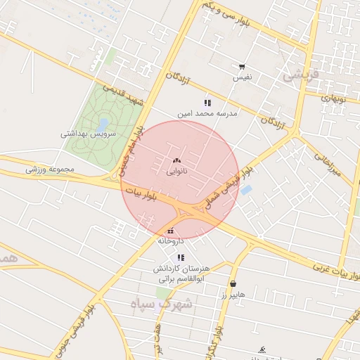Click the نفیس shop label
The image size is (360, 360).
pyautogui.click(x=243, y=77)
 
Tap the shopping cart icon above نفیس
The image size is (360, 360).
pyautogui.click(x=242, y=67)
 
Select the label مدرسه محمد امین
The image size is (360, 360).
pyautogui.click(x=207, y=112)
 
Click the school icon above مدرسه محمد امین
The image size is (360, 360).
pyautogui.click(x=207, y=103)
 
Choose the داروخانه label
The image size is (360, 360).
pyautogui.click(x=171, y=240)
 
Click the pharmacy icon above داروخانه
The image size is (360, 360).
pyautogui.click(x=170, y=231)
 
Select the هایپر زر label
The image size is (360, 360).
pyautogui.click(x=232, y=295)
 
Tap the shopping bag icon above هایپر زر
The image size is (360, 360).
pyautogui.click(x=233, y=285)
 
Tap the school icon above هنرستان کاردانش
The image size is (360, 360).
pyautogui.click(x=180, y=258)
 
